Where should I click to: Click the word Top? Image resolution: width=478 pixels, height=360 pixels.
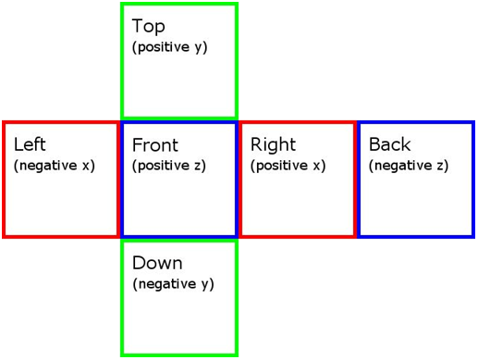coord(149,26)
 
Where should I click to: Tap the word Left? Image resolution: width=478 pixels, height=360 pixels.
coord(30,143)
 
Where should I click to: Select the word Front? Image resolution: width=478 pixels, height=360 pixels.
coord(155,144)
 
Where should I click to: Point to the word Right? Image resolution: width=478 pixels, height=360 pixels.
coord(273,144)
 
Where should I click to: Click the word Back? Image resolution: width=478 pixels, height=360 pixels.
coord(390,144)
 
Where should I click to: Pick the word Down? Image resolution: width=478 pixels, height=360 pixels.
coord(157,263)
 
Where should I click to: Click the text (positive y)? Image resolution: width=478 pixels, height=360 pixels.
coord(170,47)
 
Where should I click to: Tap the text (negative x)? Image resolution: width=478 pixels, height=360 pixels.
coord(55,166)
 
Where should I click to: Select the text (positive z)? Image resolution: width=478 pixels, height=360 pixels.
coord(169,166)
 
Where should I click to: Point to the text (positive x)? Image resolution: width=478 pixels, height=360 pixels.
coord(288,166)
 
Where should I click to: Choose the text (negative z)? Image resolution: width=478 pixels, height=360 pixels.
coord(409,166)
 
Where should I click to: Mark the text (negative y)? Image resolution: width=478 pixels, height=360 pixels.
coord(173,284)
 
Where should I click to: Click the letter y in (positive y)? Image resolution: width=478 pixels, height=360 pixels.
coord(198,48)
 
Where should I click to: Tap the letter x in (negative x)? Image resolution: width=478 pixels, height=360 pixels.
coord(86,166)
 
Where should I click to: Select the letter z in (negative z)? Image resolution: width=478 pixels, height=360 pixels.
coord(440,166)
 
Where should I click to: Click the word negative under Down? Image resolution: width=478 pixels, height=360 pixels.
coord(167,284)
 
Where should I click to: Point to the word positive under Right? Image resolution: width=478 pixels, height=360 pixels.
coord(282,166)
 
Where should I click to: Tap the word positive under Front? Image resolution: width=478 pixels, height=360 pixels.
coord(164,166)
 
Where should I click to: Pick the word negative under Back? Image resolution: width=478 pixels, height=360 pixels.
coord(403,166)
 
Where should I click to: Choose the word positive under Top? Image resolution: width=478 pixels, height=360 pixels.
coord(164,47)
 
